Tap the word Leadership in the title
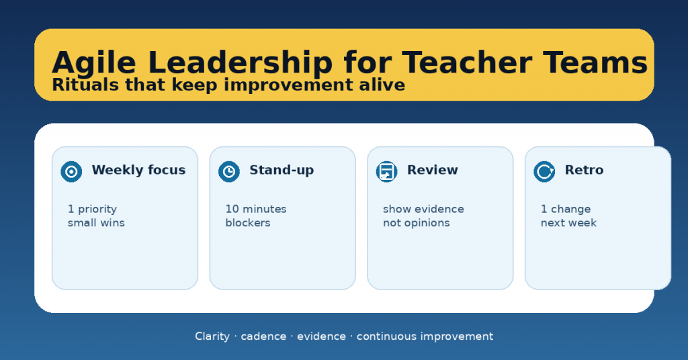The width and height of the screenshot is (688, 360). click(241, 62)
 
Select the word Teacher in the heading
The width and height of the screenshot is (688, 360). click(467, 62)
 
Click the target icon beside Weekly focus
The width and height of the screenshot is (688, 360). click(71, 171)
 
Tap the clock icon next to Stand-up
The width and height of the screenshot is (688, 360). click(229, 171)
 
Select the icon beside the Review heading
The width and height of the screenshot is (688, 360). click(386, 171)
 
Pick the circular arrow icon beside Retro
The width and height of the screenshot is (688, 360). click(544, 171)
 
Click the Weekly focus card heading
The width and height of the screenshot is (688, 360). click(138, 170)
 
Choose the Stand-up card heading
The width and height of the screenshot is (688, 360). click(282, 170)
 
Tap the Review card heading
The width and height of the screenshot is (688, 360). click(433, 170)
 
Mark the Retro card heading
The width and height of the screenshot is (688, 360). click(584, 170)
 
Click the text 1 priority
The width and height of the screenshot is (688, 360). click(92, 209)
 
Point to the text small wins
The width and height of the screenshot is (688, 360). click(96, 223)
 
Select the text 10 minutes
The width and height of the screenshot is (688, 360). click(256, 209)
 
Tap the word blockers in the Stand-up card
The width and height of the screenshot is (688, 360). click(248, 223)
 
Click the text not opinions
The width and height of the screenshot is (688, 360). click(417, 223)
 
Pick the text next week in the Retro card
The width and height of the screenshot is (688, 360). click(568, 223)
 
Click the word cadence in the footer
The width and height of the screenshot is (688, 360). click(263, 336)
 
